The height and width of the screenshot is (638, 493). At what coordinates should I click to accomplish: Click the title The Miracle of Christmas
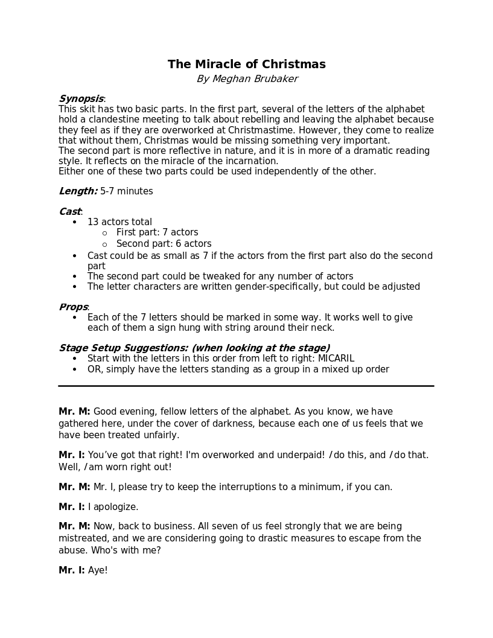click(x=246, y=65)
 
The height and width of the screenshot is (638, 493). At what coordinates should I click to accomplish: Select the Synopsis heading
click(x=81, y=99)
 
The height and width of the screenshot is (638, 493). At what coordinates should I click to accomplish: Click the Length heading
click(x=78, y=191)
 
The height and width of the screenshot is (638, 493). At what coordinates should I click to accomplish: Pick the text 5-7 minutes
click(x=127, y=191)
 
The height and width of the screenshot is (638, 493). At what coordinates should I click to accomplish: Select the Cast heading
click(x=69, y=212)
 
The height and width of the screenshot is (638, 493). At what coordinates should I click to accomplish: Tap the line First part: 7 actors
click(x=157, y=232)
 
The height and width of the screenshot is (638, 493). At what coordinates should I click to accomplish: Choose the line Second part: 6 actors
click(x=164, y=244)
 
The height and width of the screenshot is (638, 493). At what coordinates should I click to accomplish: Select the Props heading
click(x=73, y=307)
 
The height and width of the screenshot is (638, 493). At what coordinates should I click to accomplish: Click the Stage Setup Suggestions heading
click(x=194, y=348)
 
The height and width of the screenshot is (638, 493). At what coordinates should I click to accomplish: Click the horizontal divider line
click(x=246, y=386)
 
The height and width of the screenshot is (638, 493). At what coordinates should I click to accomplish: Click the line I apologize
click(x=113, y=507)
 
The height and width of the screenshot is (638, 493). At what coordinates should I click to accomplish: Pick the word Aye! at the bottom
click(x=98, y=570)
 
